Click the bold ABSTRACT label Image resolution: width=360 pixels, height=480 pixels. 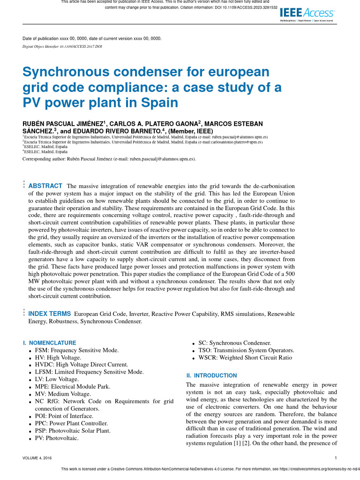tap(45, 186)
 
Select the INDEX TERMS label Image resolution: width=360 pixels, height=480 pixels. tap(50, 314)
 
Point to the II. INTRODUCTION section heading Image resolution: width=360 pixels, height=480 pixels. tap(211, 375)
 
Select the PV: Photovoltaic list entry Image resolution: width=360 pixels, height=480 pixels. tap(56, 438)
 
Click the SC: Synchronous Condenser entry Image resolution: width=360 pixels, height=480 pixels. tap(234, 343)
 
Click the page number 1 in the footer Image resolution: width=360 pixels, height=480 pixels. tap(336, 458)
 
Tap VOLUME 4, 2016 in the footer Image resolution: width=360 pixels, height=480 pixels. tap(37, 458)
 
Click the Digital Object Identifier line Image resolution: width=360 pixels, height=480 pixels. tap(62, 47)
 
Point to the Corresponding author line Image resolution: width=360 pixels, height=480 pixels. tap(109, 159)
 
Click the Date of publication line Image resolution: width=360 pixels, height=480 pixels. tap(92, 38)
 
